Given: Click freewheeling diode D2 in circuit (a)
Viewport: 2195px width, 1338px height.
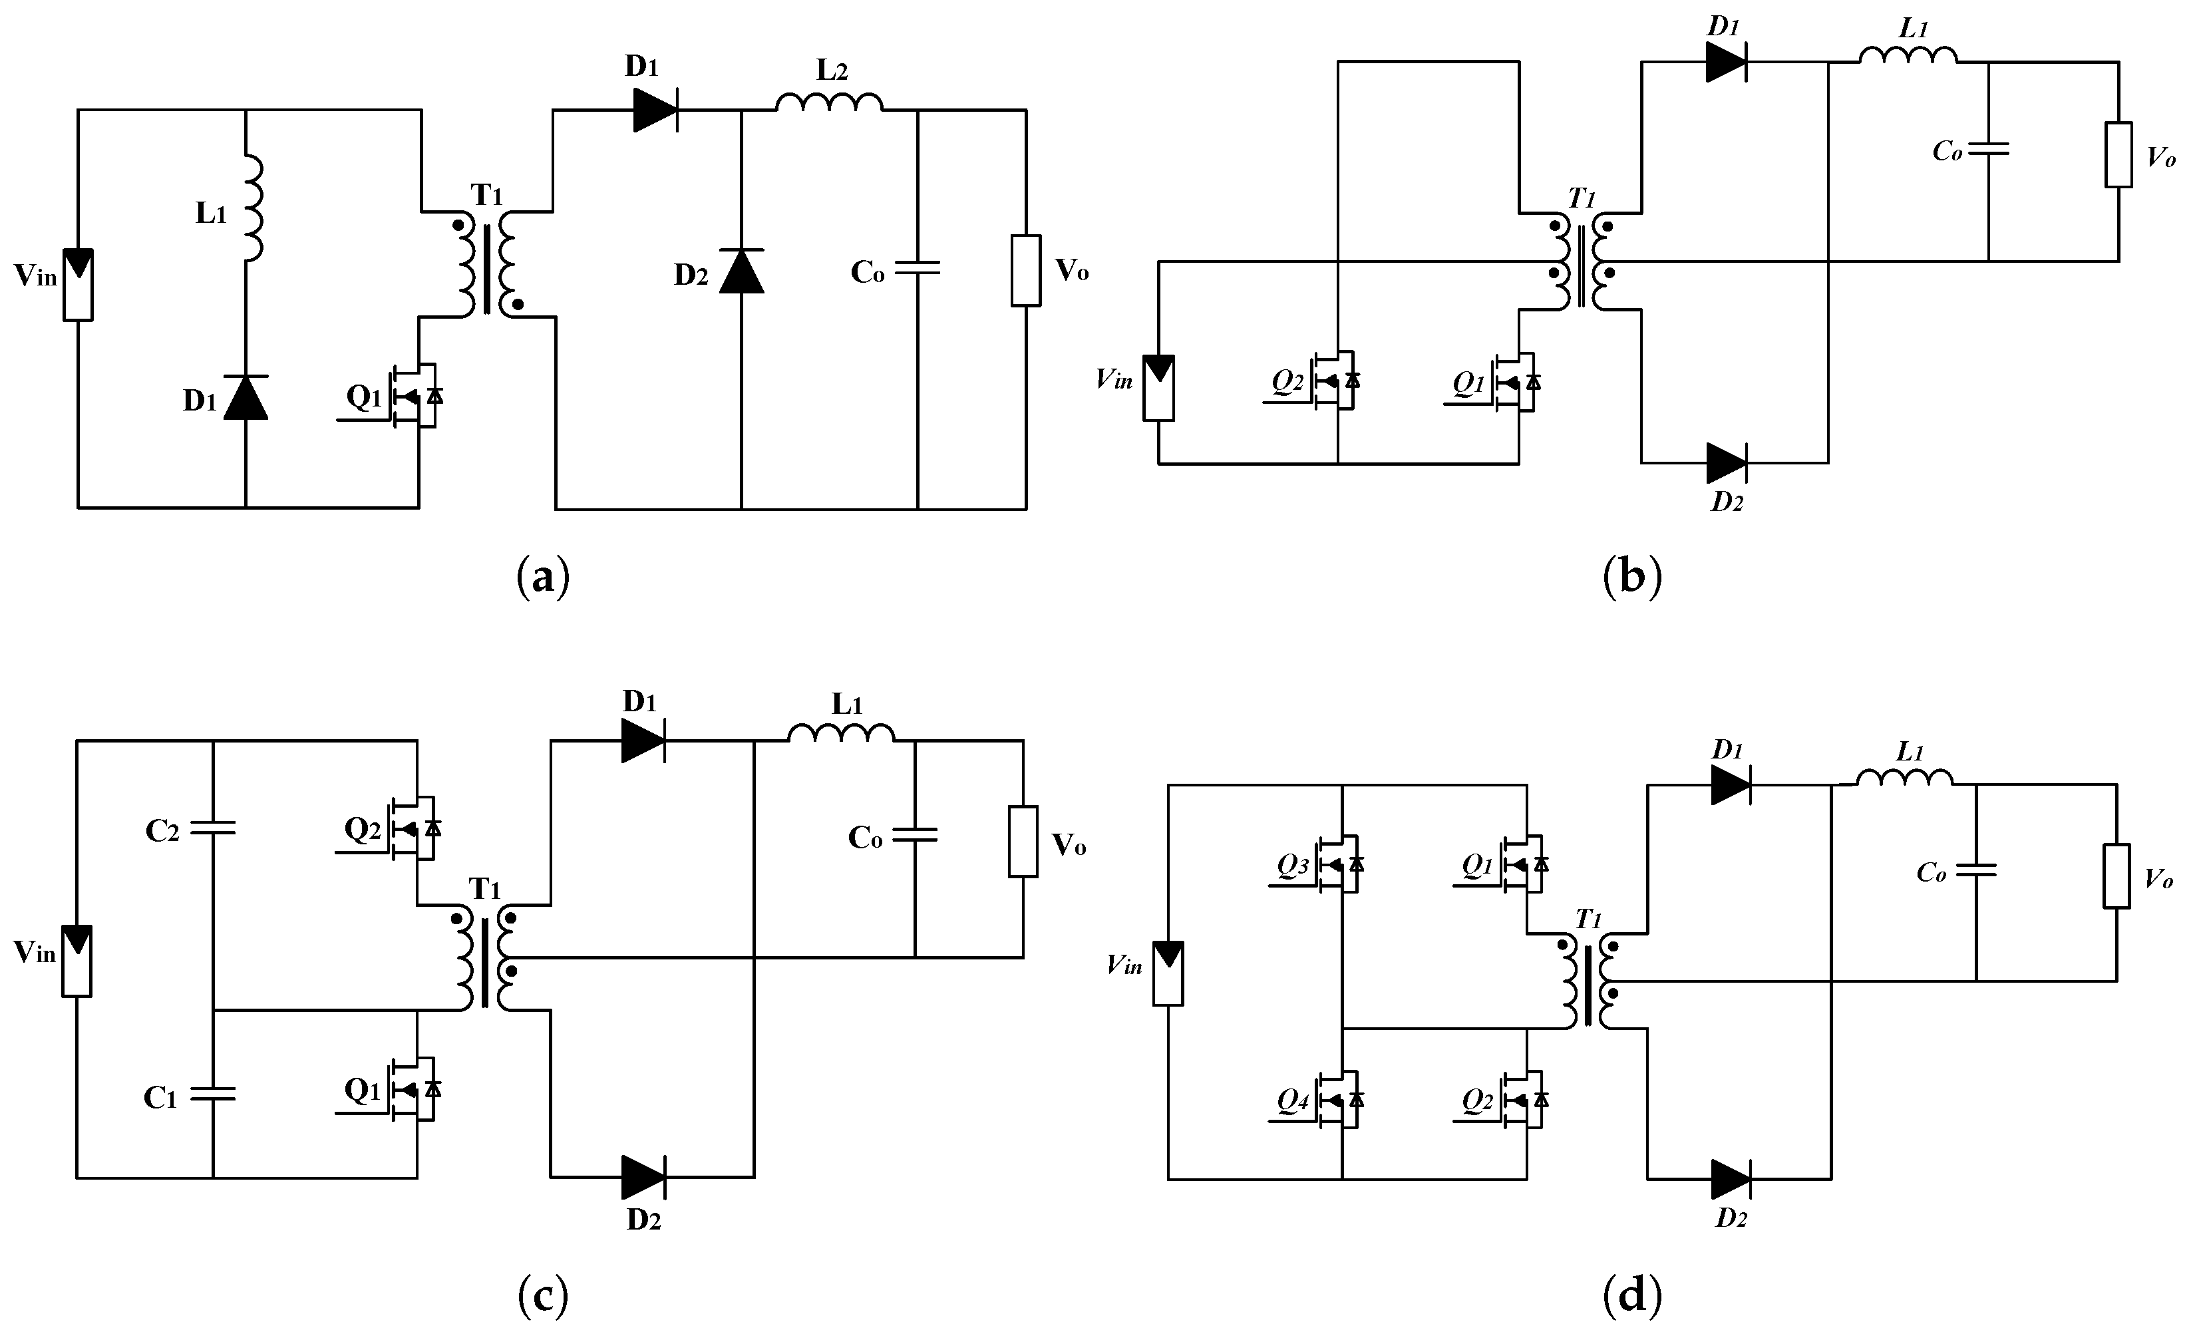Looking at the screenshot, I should click(741, 271).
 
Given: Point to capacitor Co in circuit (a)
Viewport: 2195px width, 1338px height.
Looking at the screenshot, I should click(918, 267).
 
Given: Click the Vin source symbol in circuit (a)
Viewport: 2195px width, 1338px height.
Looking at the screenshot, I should click(79, 284).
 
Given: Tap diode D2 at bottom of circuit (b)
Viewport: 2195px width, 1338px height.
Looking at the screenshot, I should click(1725, 463).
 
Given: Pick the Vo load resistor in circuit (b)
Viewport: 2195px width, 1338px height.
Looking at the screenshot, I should click(2118, 155).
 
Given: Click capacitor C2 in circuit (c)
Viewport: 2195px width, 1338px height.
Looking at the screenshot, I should click(213, 828).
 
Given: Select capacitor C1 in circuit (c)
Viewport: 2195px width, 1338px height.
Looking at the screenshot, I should click(213, 1094).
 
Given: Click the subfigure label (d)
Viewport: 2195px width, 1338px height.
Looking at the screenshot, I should click(1632, 1296).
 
